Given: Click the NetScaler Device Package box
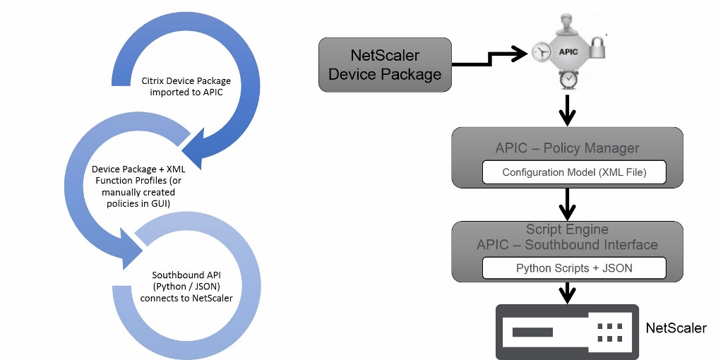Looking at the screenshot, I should tap(385, 64).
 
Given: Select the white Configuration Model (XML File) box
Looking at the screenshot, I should tap(573, 172).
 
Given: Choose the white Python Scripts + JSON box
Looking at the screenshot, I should tap(573, 268).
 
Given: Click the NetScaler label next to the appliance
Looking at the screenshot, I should tap(676, 328).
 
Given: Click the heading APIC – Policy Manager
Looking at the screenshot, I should tap(567, 148).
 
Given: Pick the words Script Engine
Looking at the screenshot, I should tap(567, 229).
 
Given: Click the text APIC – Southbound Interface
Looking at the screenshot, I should tap(567, 245).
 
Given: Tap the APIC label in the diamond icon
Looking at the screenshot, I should tap(568, 52).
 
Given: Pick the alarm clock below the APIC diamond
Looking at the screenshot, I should tap(568, 80).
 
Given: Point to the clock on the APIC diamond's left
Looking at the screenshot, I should tap(542, 52).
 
